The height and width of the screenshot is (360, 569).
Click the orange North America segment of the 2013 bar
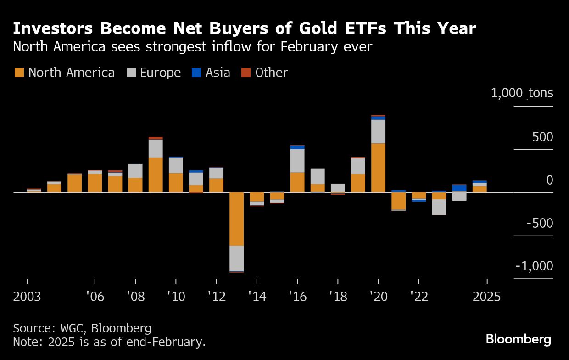(x=236, y=219)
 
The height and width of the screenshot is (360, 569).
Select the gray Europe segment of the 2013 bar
(x=236, y=259)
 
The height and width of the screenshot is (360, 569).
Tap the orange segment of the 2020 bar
(x=378, y=168)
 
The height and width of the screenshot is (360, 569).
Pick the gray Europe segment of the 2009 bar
(x=156, y=148)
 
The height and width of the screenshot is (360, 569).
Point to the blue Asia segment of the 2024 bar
(x=459, y=188)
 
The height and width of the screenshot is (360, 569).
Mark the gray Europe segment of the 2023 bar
(x=439, y=207)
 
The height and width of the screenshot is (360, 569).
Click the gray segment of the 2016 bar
(x=297, y=161)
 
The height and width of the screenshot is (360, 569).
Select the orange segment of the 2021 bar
(x=399, y=201)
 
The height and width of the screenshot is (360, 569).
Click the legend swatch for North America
(x=19, y=73)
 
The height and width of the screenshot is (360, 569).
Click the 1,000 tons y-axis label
(x=522, y=93)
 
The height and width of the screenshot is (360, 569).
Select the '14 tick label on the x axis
(x=257, y=297)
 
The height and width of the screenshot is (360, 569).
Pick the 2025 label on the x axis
(x=487, y=297)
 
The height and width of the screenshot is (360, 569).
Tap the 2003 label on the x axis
(x=27, y=297)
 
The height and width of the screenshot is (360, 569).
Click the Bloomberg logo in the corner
(x=519, y=340)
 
